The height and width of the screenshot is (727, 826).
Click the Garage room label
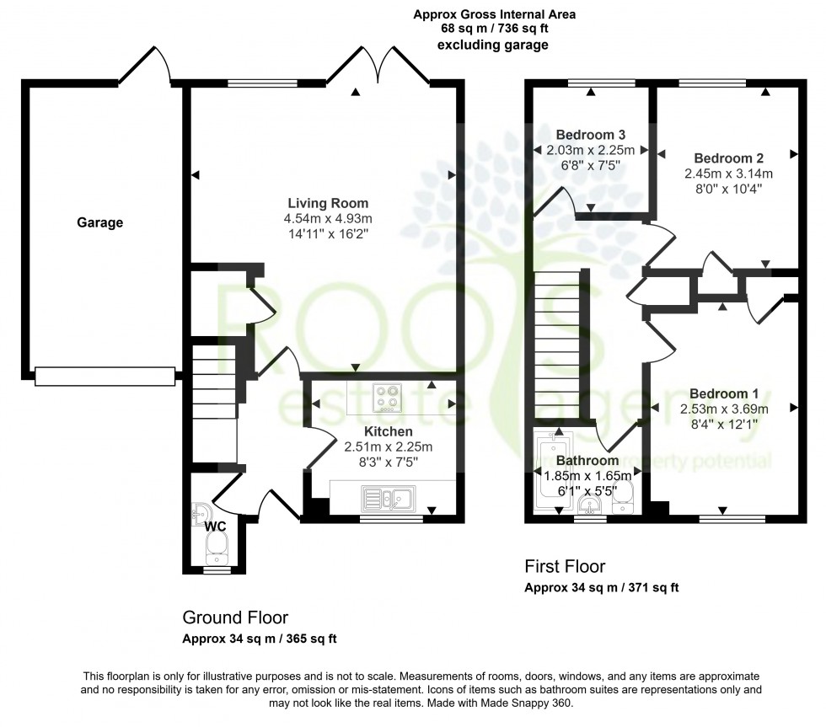100,222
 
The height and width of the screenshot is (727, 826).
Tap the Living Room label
328,203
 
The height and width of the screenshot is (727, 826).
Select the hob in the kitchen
389,397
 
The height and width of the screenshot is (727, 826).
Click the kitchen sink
385,498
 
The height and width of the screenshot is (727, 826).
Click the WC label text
217,526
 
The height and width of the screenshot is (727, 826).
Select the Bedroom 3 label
591,135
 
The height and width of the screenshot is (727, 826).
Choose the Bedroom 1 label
724,393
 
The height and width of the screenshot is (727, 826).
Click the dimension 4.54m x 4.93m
328,218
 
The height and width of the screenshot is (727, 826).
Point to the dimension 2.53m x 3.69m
724,409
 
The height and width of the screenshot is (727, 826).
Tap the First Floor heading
565,566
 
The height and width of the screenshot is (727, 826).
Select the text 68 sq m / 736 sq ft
494,29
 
